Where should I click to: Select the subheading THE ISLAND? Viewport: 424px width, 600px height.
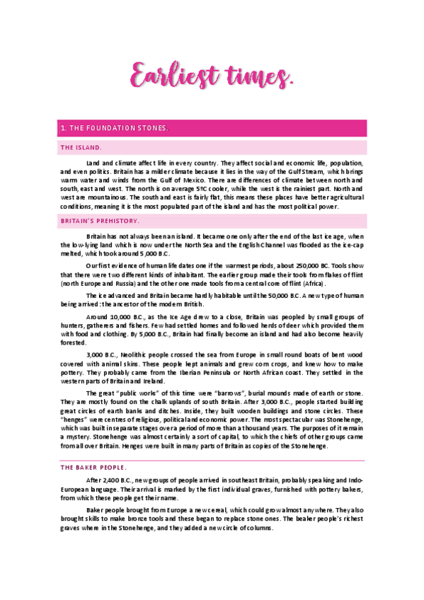[x=81, y=148]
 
